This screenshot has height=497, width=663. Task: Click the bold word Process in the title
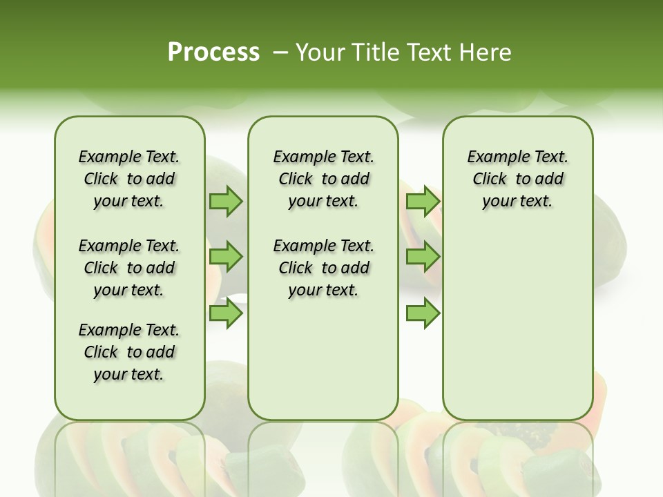[213, 52]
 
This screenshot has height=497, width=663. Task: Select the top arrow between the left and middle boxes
[226, 202]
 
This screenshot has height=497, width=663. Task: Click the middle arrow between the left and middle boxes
[226, 257]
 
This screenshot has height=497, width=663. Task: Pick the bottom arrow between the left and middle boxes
[226, 313]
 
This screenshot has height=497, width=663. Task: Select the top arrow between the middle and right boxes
[423, 202]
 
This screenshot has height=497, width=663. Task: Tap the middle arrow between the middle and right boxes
[423, 257]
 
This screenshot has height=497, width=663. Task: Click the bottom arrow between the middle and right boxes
[423, 313]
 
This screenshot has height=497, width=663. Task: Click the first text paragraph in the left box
[129, 179]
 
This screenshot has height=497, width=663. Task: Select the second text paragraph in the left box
[129, 268]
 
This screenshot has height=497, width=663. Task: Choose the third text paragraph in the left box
[129, 352]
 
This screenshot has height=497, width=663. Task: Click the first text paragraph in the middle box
[323, 179]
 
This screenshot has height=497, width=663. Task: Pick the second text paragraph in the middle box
[323, 268]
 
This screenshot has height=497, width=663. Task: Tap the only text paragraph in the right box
[518, 179]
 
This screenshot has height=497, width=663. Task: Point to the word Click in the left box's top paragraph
[101, 179]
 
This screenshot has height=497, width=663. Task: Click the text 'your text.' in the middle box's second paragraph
[323, 291]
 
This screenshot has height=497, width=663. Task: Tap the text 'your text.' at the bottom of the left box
[129, 375]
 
